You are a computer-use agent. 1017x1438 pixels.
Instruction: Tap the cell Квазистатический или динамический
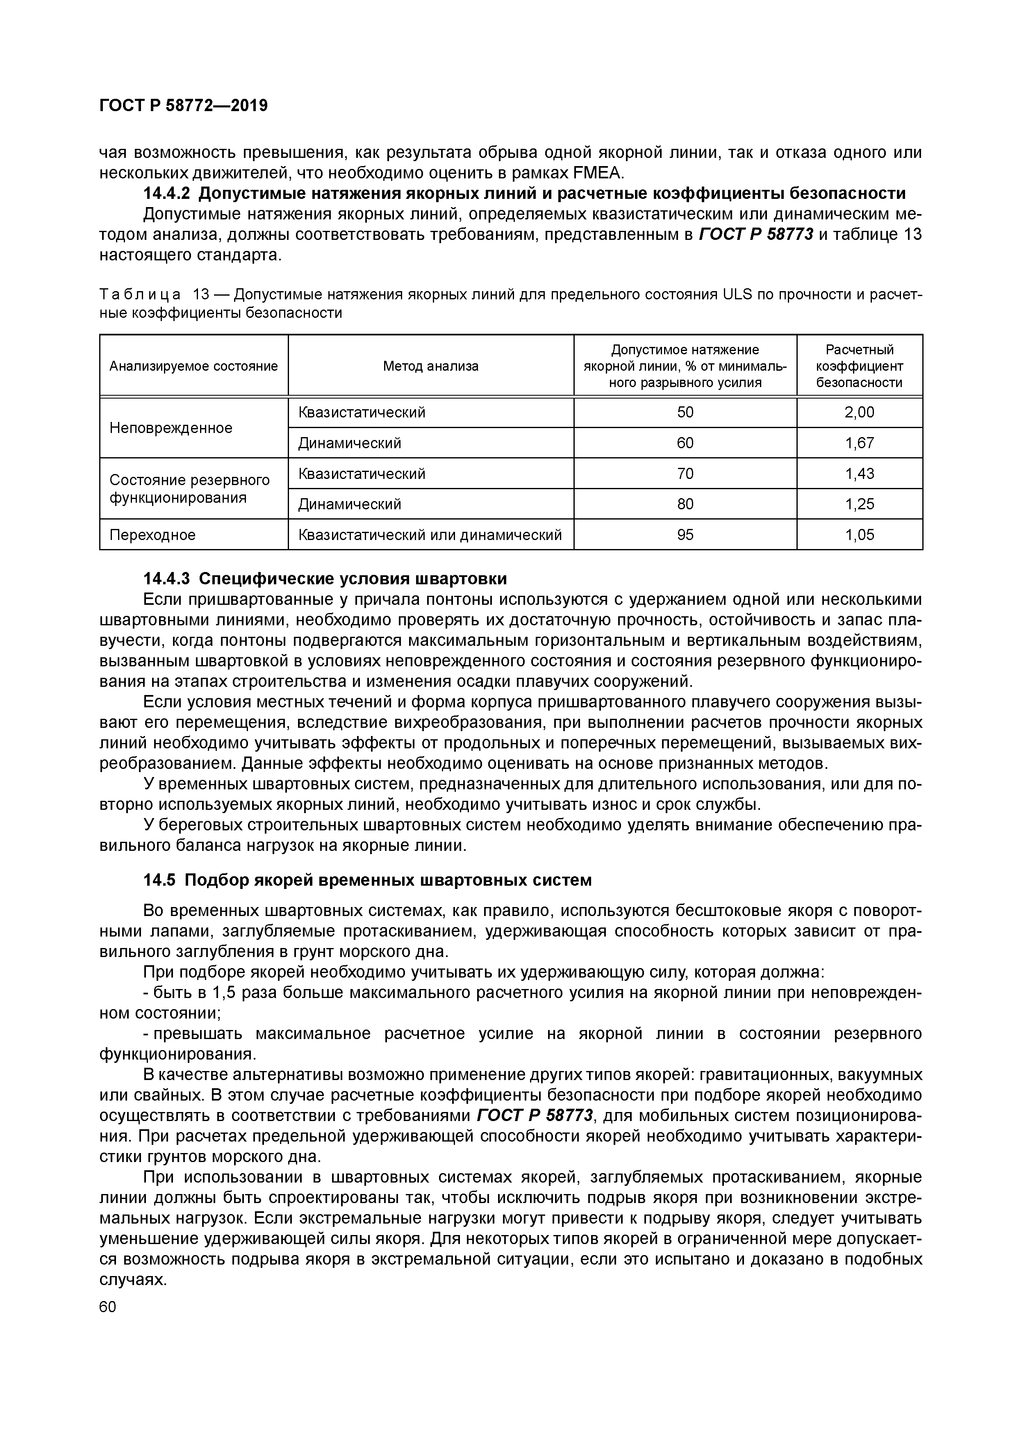point(430,535)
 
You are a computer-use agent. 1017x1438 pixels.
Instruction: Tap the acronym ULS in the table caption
point(738,294)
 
